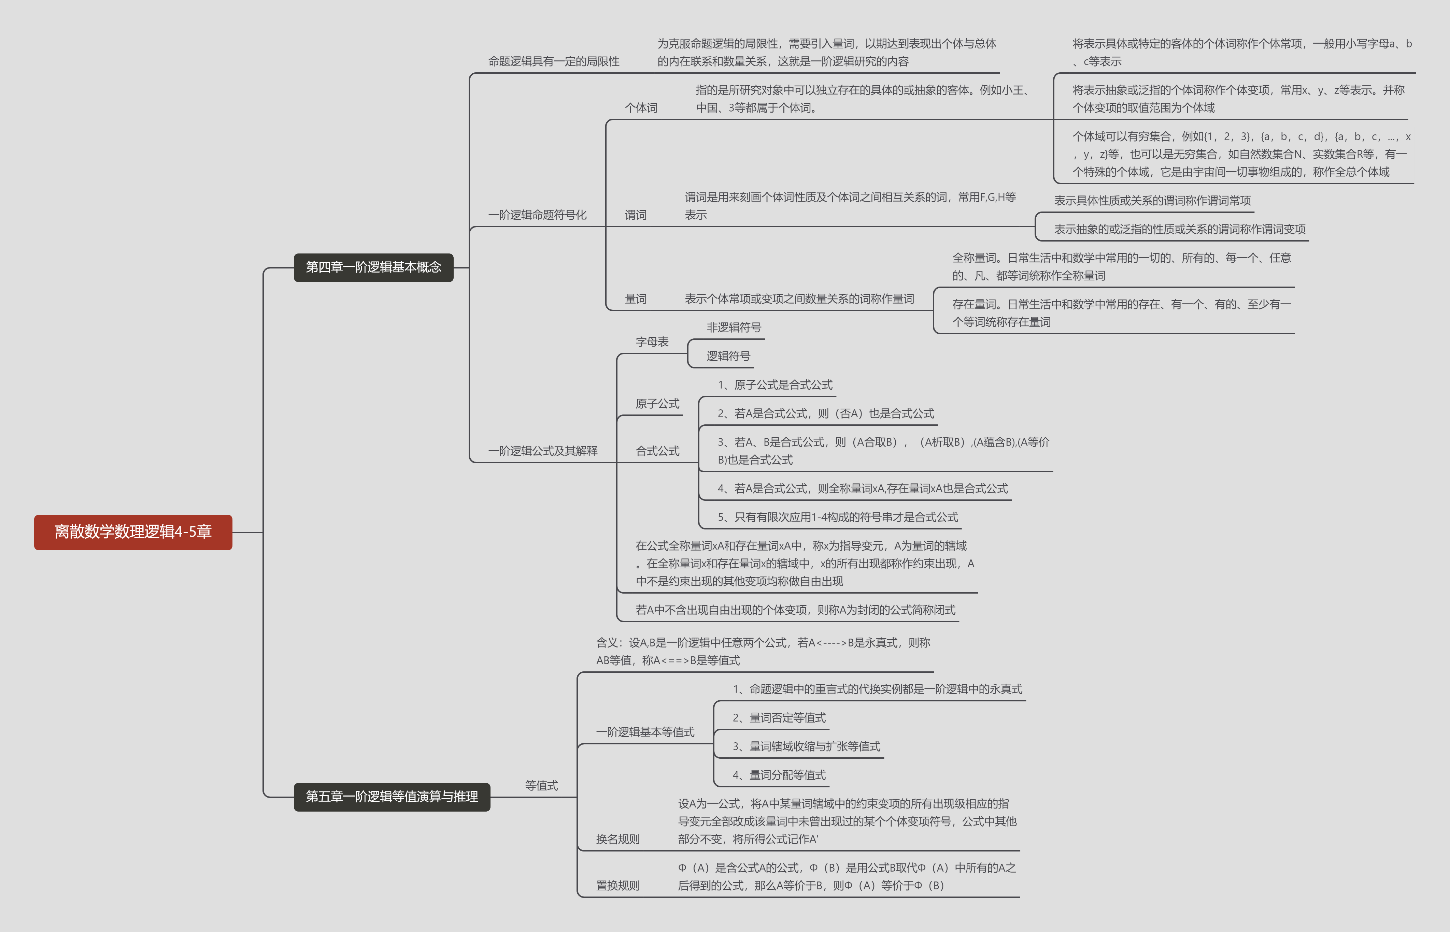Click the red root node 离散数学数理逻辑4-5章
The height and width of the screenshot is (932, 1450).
pos(132,532)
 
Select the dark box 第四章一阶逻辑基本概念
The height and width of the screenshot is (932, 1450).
pos(373,267)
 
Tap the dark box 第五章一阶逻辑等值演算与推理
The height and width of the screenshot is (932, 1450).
pos(392,797)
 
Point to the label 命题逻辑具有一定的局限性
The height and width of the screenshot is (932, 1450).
pos(553,61)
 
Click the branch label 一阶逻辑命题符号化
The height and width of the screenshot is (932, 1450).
pos(537,215)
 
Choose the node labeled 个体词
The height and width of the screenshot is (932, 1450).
pos(641,108)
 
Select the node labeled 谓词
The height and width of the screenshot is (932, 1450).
pos(636,215)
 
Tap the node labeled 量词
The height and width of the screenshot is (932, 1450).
pos(636,299)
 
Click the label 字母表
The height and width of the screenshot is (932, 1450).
pos(652,342)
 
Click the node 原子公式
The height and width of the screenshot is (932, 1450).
pos(657,404)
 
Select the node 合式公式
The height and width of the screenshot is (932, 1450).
pos(657,451)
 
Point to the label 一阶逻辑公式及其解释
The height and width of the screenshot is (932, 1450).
pos(542,451)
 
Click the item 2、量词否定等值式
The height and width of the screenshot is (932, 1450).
pos(779,718)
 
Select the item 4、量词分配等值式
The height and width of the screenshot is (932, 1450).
pos(779,775)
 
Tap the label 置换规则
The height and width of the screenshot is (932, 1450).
pos(617,885)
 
